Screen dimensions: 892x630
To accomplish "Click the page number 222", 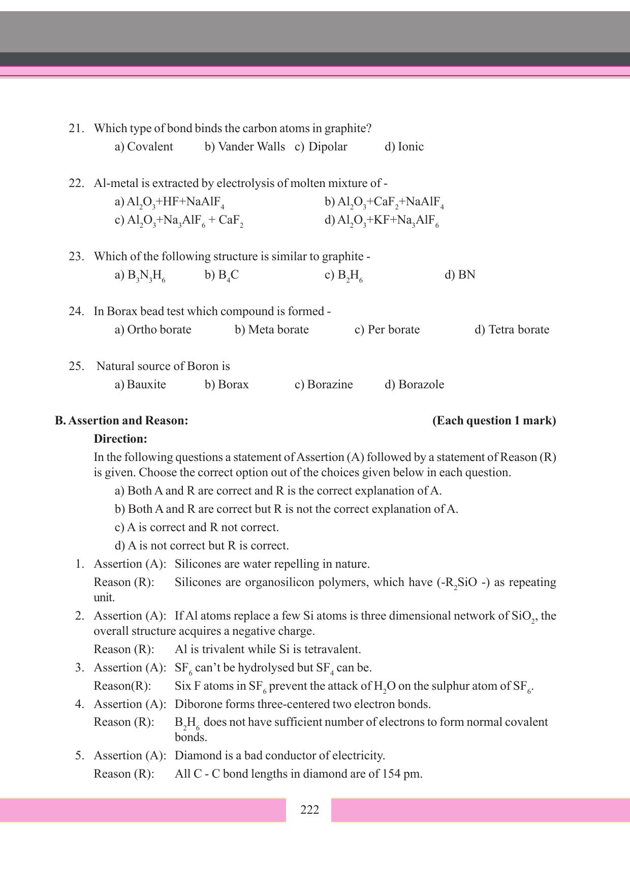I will tap(309, 810).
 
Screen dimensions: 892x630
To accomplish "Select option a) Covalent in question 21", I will tap(144, 147).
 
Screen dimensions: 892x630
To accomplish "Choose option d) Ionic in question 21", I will tap(404, 147).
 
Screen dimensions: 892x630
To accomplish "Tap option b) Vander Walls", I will tap(245, 147).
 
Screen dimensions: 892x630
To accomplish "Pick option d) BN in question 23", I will tap(460, 275).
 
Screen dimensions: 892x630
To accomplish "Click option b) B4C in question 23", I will tap(222, 275).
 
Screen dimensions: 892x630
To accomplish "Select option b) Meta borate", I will tap(272, 330).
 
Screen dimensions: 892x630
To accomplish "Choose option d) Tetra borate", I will tap(512, 330).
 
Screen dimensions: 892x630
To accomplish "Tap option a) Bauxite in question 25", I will tap(140, 385).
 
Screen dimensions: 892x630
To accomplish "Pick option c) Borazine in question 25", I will tap(324, 385).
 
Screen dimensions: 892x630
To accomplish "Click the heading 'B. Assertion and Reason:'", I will tap(121, 421).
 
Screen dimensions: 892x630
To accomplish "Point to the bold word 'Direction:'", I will tap(120, 439).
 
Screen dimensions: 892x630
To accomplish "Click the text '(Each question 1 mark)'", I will tap(494, 421).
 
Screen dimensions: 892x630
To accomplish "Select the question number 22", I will tap(76, 183).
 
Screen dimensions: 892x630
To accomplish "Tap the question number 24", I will tap(76, 312).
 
